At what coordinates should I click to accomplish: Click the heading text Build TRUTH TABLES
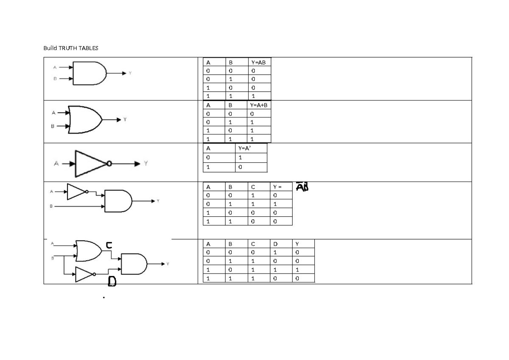(71, 48)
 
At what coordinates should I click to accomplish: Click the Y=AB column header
(258, 63)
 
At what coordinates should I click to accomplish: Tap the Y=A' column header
(245, 149)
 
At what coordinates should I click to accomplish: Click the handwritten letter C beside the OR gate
(109, 245)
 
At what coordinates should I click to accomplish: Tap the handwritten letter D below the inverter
(112, 281)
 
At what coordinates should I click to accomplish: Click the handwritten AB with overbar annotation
(302, 187)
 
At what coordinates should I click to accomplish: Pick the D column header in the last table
(276, 244)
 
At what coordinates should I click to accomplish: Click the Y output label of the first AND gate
(130, 73)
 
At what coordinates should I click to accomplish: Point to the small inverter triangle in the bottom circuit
(84, 274)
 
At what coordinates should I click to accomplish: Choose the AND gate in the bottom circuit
(133, 264)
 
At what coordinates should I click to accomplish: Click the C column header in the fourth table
(253, 187)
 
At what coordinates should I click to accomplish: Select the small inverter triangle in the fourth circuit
(76, 192)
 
